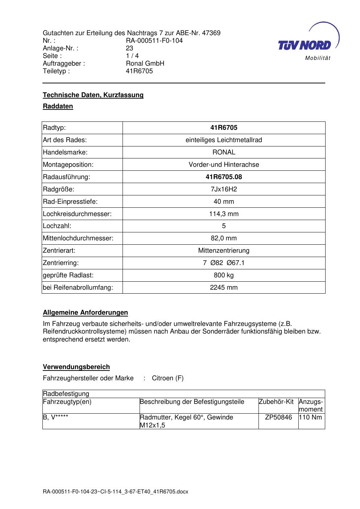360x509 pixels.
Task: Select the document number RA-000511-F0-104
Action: point(154,41)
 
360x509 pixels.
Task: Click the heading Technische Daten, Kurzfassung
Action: point(93,95)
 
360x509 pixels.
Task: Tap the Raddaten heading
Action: point(58,106)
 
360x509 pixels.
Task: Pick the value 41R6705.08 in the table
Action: point(224,177)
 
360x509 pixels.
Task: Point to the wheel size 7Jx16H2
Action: point(224,189)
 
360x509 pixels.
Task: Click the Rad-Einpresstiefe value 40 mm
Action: point(224,202)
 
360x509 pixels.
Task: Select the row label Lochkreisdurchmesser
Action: point(77,214)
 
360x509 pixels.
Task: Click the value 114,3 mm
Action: point(224,214)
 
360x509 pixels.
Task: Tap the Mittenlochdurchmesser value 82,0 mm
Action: point(224,238)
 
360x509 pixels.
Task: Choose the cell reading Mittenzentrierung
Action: point(224,251)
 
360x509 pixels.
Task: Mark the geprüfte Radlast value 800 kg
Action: point(224,275)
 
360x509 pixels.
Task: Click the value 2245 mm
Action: point(224,287)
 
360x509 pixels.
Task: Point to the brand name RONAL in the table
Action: point(224,152)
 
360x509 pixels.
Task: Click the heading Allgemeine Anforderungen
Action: point(85,313)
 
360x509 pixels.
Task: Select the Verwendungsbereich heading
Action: point(76,367)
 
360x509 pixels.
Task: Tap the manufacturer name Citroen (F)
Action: point(167,378)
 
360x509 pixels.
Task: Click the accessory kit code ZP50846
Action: point(278,417)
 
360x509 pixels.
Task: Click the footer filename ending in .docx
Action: point(116,492)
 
